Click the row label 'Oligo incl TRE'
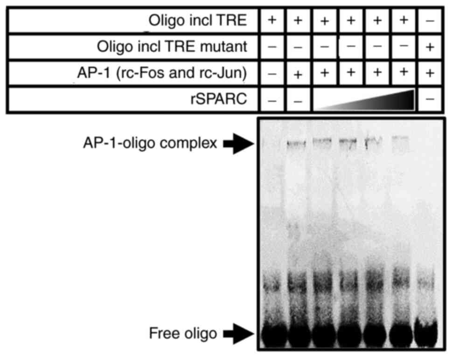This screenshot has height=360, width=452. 198,21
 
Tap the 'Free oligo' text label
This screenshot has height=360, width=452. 183,334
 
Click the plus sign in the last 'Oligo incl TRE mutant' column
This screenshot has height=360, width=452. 430,47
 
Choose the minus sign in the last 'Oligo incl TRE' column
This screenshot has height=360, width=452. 430,21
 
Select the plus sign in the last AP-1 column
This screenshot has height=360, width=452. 430,73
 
